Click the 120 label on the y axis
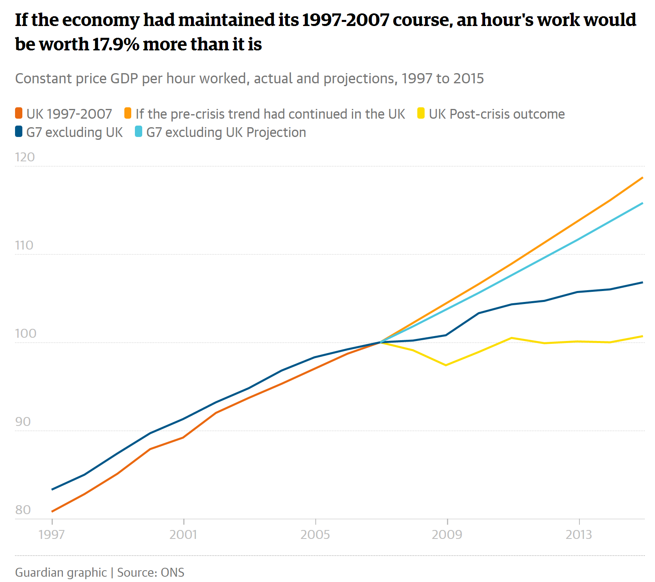tap(25, 157)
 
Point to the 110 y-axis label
tap(24, 245)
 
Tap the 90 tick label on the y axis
tap(23, 422)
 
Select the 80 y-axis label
tap(23, 510)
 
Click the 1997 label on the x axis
tap(52, 534)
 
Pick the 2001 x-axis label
tap(183, 534)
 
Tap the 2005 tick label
tap(315, 534)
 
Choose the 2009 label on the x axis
tap(447, 534)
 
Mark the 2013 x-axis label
tap(579, 534)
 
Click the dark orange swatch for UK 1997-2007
tap(19, 113)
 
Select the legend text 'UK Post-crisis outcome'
tap(497, 114)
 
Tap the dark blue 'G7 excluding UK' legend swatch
tap(19, 132)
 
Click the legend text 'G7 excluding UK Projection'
tap(226, 132)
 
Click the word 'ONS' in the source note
tap(172, 572)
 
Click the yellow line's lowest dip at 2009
tap(446, 365)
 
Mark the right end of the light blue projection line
tap(642, 203)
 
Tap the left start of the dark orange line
tap(52, 511)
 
